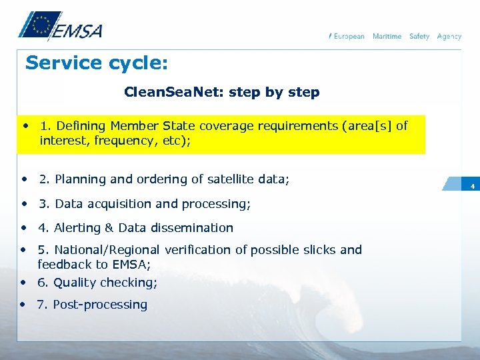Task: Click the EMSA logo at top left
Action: [x=59, y=27]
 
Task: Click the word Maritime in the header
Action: [x=387, y=36]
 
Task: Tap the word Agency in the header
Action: [x=449, y=36]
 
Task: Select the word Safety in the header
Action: [x=419, y=36]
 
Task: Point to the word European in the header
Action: [x=349, y=36]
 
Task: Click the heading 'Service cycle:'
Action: [x=96, y=63]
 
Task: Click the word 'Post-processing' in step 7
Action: [x=100, y=305]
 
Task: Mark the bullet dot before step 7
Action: [x=24, y=303]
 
